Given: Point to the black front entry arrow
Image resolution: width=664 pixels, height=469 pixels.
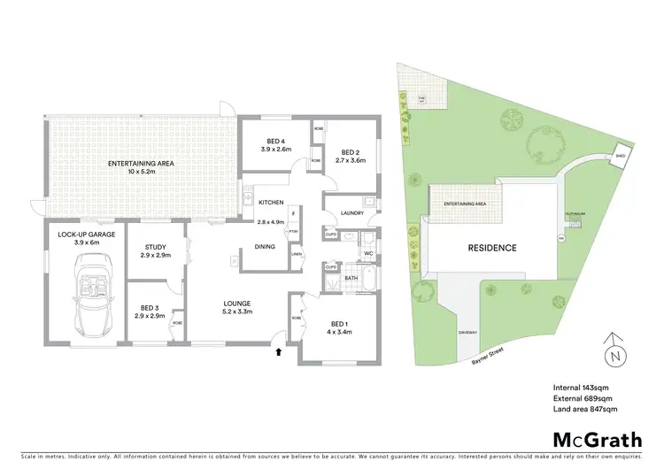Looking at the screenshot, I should (x=280, y=352).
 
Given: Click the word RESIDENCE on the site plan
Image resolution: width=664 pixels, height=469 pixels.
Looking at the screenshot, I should (x=492, y=248).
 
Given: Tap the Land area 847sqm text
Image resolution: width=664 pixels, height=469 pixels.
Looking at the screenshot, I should (x=585, y=410).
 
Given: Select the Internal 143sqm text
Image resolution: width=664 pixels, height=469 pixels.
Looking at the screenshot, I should (x=580, y=388).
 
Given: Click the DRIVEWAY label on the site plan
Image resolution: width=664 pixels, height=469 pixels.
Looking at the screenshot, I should (x=468, y=332).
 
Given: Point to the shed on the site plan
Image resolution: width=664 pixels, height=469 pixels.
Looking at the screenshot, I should (x=621, y=152).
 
